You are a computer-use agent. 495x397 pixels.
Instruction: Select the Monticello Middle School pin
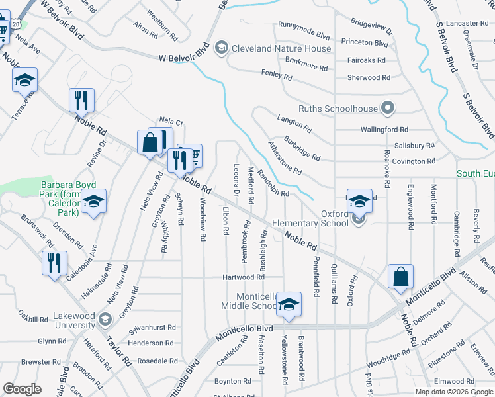tap(289, 304)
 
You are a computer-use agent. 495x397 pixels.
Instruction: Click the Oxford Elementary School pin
tap(359, 200)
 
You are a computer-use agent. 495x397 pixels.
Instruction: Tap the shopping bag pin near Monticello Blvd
tap(400, 277)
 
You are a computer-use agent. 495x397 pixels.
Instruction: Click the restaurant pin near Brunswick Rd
tap(54, 263)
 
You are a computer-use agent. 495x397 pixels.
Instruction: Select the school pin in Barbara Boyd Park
tap(94, 202)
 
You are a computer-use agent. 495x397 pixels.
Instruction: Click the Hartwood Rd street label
tap(244, 277)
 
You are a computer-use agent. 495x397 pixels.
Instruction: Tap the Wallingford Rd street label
tap(384, 130)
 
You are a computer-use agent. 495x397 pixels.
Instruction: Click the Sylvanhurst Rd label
tap(153, 328)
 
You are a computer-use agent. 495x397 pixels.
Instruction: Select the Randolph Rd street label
tap(274, 184)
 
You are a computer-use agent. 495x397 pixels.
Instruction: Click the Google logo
tap(22, 389)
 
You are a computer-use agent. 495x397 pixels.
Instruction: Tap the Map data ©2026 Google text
tap(454, 392)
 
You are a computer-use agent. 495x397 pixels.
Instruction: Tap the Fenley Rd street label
tap(276, 75)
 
